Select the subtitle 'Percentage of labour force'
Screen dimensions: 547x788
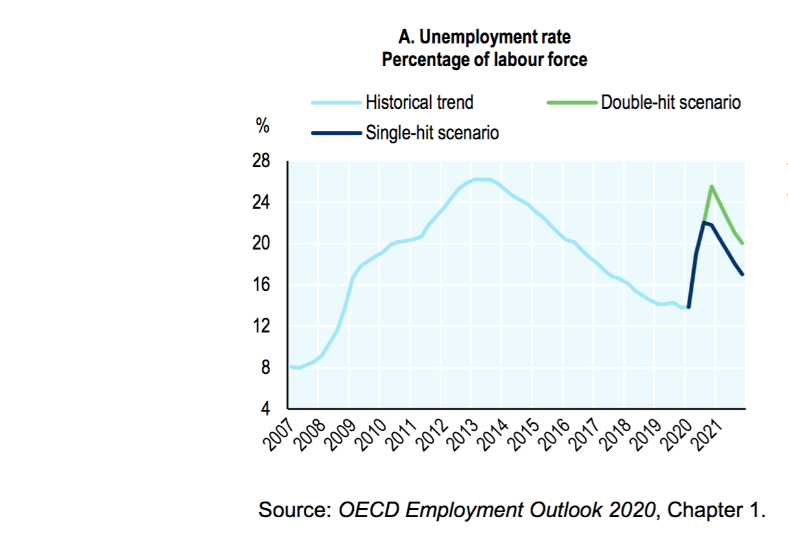(485, 60)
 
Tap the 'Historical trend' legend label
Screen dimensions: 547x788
(419, 102)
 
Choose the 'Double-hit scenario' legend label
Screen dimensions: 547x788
(671, 102)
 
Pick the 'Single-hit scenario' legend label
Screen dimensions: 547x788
(432, 133)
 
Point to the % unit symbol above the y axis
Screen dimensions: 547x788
(262, 127)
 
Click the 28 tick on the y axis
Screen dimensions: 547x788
(261, 161)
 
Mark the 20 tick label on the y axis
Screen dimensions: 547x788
(261, 244)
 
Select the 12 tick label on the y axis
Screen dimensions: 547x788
(261, 326)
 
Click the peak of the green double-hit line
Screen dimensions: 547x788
(712, 187)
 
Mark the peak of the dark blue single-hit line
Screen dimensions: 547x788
(704, 223)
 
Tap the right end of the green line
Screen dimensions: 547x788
(743, 243)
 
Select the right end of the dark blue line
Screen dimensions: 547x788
(743, 274)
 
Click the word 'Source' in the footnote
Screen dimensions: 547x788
(294, 509)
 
